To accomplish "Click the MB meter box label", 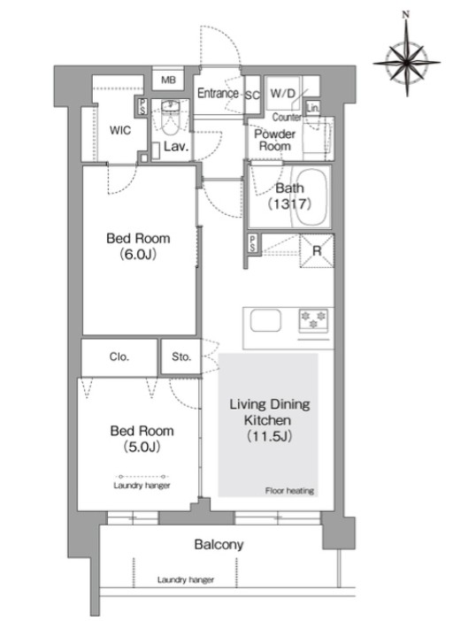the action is point(168,80).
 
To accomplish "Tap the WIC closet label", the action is point(120,130).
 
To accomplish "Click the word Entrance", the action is point(218,93).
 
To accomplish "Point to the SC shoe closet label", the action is point(252,96).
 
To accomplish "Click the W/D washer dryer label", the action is point(283,94).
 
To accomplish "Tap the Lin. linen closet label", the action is point(313,107).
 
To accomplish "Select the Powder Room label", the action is point(275,140).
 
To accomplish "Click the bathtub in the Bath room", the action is point(311,197).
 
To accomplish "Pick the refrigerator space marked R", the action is point(317,251).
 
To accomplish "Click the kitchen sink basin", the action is point(265,320).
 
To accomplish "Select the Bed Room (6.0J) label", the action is point(138,246).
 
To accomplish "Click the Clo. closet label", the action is point(119,356).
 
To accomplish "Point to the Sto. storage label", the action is point(181,356).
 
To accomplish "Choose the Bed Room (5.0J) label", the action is point(142,439).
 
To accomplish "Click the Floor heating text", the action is point(289,491).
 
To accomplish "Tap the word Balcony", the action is point(219,545).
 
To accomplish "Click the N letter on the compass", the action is point(405,15).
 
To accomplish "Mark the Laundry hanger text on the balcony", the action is point(186,580).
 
